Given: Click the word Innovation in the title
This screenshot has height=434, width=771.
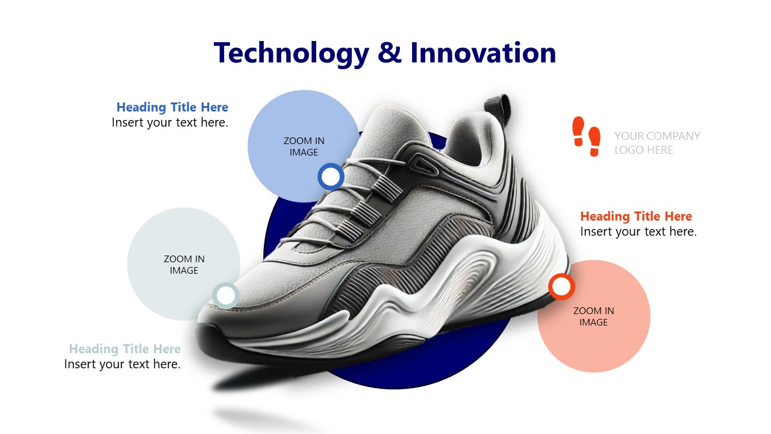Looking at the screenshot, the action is pyautogui.click(x=483, y=52).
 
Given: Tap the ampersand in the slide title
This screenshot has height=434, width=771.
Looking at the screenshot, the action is pyautogui.click(x=389, y=52).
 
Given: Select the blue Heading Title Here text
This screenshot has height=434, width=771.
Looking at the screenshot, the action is pyautogui.click(x=172, y=107).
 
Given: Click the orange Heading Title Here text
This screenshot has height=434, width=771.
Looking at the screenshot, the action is pyautogui.click(x=636, y=216).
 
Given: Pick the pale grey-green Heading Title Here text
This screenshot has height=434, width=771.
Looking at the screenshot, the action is pyautogui.click(x=125, y=349).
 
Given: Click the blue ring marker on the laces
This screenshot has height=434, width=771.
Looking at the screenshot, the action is pyautogui.click(x=331, y=177).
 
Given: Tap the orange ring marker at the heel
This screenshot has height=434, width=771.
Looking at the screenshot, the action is pyautogui.click(x=561, y=286).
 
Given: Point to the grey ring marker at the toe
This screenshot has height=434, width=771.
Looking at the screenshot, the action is pyautogui.click(x=225, y=295).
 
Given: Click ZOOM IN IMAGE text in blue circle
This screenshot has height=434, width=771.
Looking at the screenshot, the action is pyautogui.click(x=304, y=146).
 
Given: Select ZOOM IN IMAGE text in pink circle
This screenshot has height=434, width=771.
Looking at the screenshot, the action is pyautogui.click(x=594, y=316).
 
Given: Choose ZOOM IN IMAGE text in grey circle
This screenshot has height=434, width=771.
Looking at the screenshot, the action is pyautogui.click(x=184, y=265).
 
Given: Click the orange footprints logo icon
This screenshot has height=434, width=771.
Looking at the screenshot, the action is pyautogui.click(x=587, y=136).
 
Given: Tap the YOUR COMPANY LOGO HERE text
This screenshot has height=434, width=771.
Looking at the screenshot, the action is pyautogui.click(x=657, y=143).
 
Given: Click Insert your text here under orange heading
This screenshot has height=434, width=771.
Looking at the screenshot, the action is pyautogui.click(x=638, y=232).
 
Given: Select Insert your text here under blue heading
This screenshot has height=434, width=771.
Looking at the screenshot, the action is pyautogui.click(x=170, y=122).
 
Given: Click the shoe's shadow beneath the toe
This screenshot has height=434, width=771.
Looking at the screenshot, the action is pyautogui.click(x=261, y=382).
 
